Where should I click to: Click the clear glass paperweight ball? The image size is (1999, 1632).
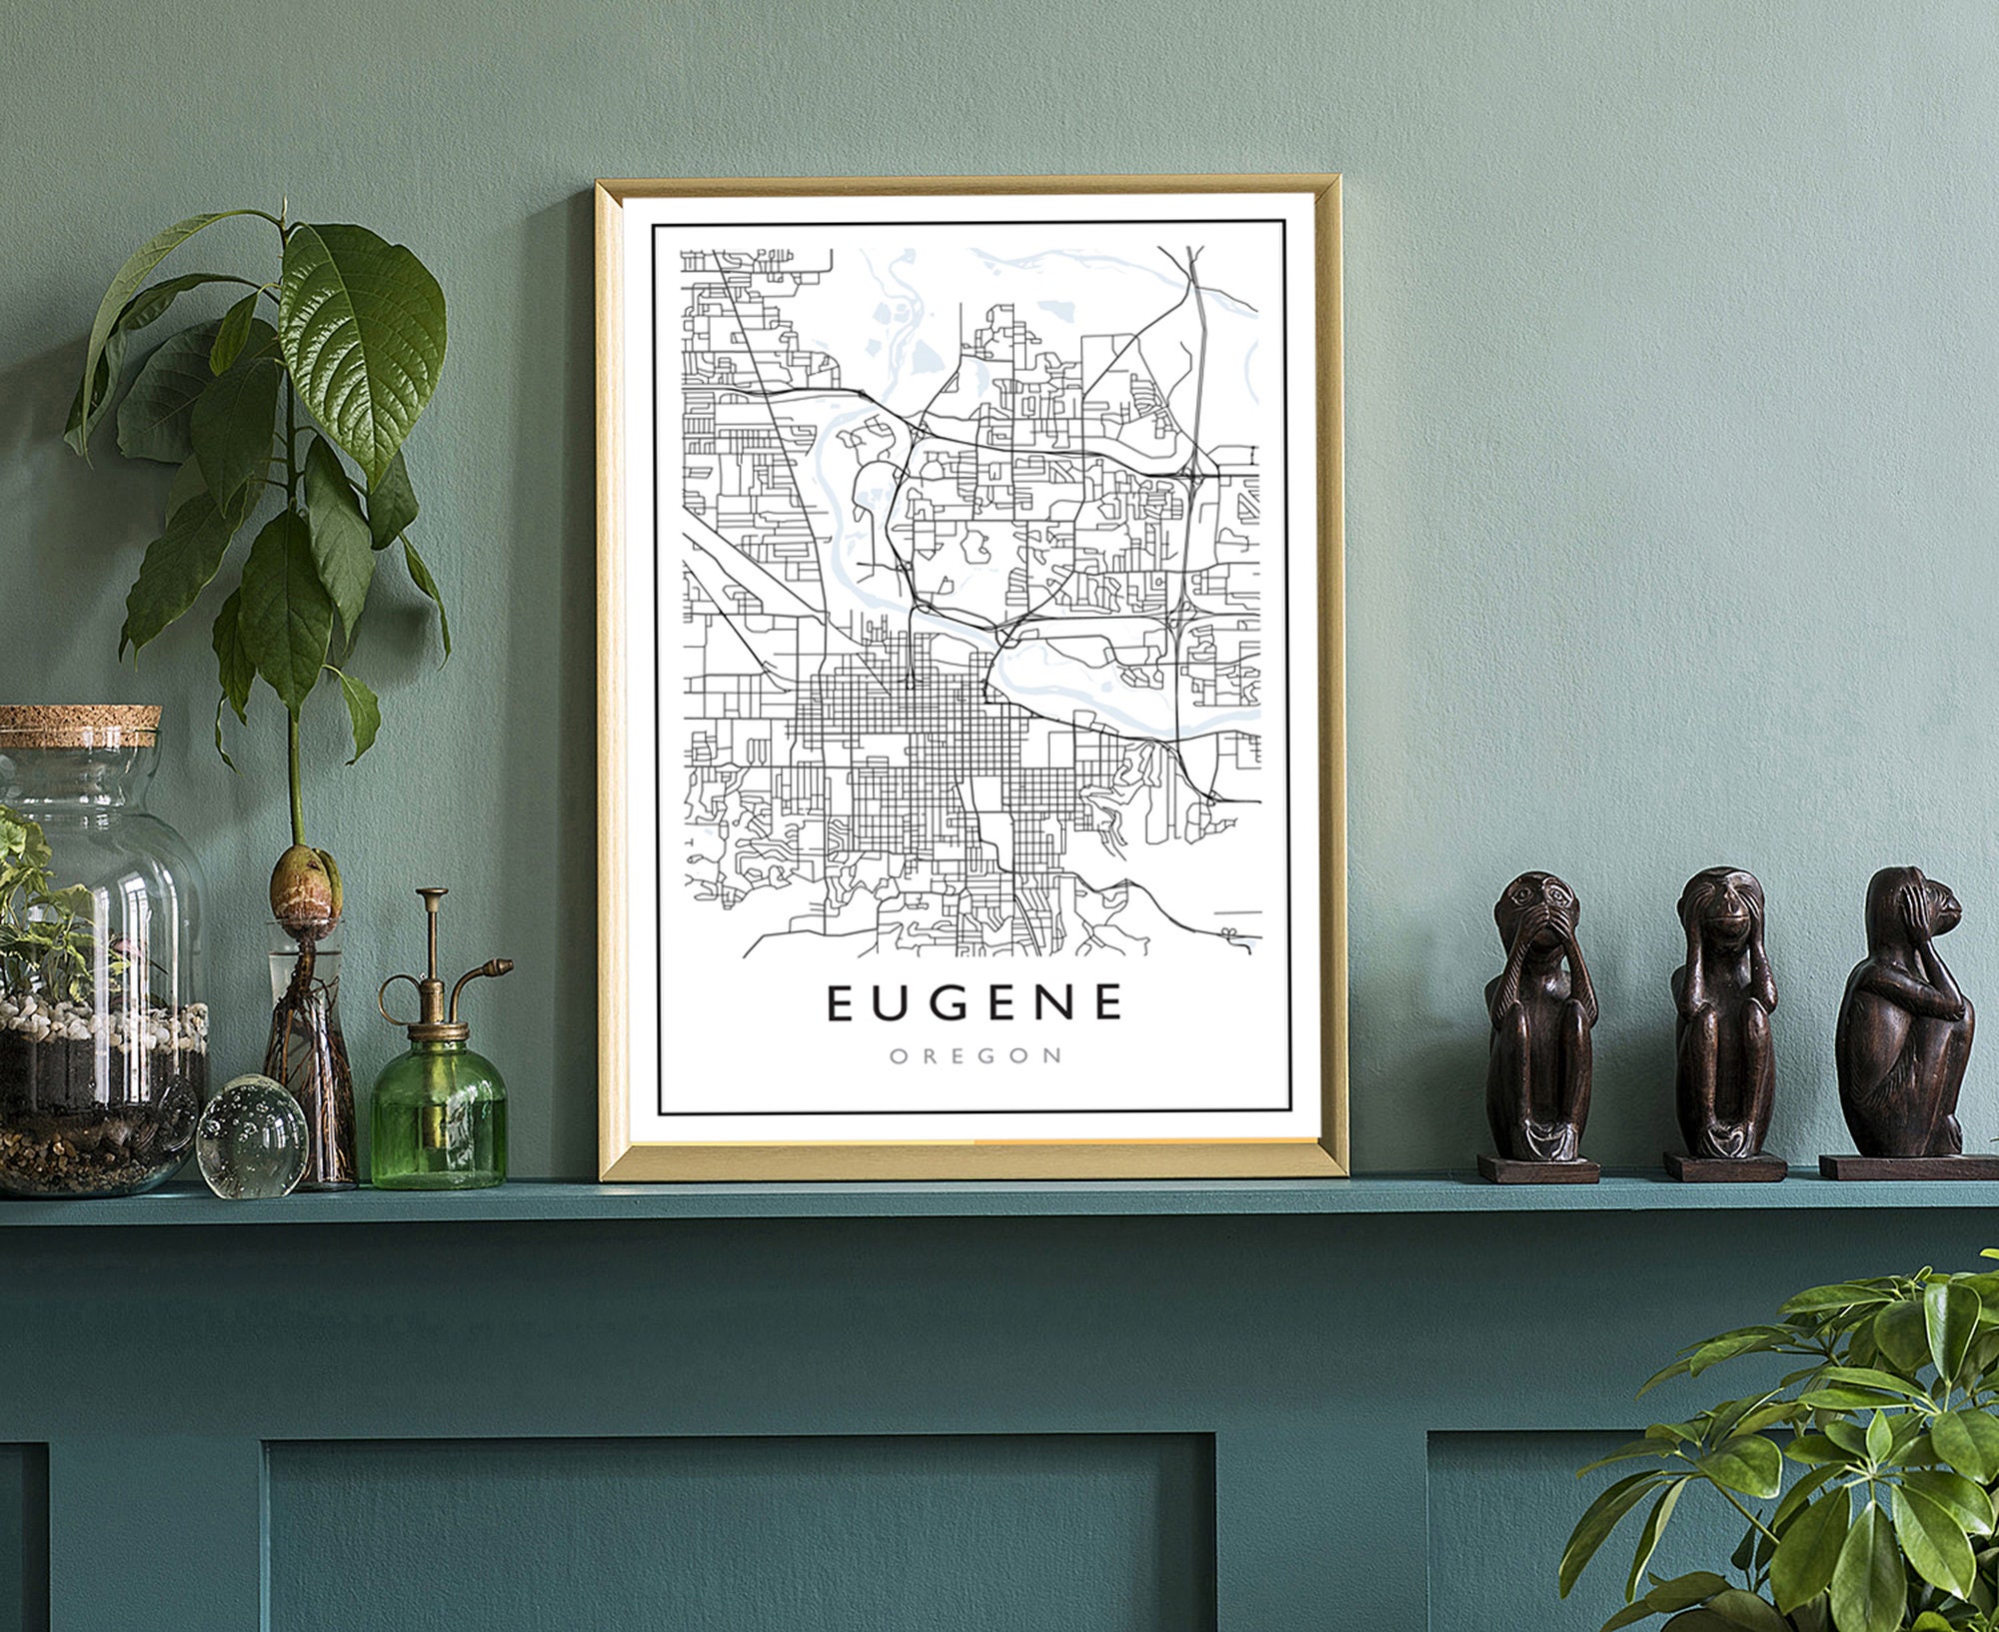(251, 1136)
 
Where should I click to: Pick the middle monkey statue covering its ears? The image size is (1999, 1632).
(1723, 1009)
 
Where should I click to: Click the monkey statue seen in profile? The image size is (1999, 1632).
(1905, 1009)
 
